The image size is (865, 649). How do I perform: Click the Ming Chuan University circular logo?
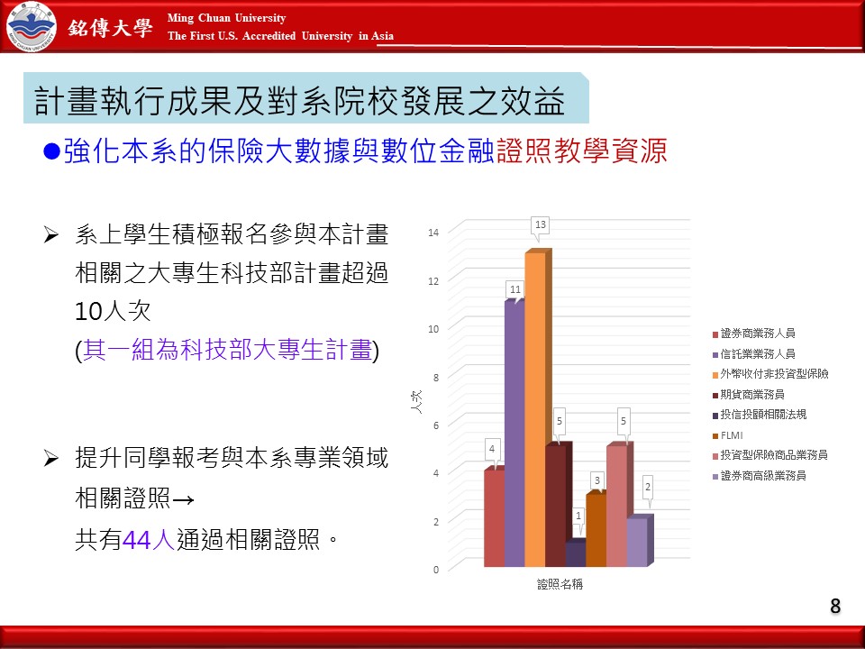point(32,26)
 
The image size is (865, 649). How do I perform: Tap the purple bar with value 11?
point(514,434)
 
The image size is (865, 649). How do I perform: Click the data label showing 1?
point(578,516)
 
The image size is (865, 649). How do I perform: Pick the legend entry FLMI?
point(727,435)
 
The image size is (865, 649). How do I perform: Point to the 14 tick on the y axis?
point(433,233)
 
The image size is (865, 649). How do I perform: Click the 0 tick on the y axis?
point(436,570)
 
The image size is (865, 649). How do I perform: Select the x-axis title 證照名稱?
point(560,584)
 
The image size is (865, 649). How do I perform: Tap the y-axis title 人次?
point(416,402)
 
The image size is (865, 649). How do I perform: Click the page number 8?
point(835,606)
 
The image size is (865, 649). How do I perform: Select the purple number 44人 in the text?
point(149,539)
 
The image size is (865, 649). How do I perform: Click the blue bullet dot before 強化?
point(51,151)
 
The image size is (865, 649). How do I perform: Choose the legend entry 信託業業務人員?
point(753,353)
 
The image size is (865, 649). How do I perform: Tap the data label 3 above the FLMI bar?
point(596,480)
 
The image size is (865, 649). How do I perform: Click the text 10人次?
point(113,311)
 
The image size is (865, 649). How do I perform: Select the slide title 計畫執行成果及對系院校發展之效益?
point(299,100)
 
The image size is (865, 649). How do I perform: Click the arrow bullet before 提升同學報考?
point(50,458)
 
